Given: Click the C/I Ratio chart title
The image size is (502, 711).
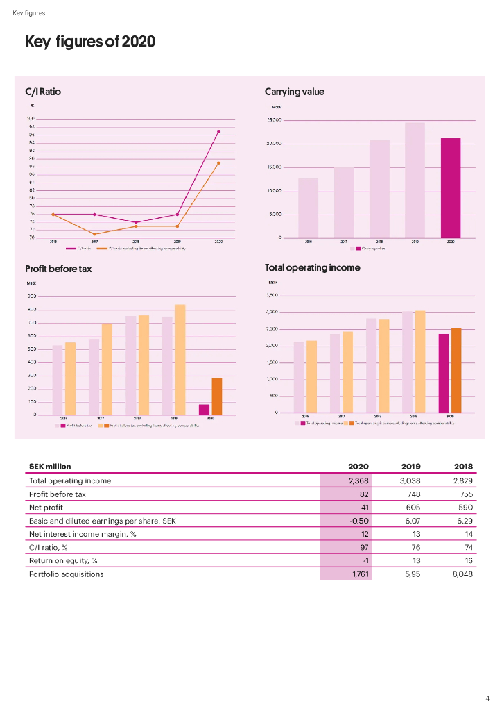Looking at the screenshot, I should [x=42, y=92].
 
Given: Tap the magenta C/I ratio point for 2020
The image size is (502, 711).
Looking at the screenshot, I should [x=218, y=131].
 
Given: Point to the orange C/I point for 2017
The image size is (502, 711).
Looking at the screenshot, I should [x=94, y=234].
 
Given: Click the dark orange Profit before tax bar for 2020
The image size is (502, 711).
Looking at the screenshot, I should [x=216, y=396].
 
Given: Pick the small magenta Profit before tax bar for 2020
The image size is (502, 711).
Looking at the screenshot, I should [x=204, y=410].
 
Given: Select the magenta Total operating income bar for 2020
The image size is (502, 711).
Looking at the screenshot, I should [x=443, y=373].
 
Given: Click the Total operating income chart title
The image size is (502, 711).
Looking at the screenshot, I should [x=312, y=267].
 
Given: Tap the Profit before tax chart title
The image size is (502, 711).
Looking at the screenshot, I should [x=58, y=269].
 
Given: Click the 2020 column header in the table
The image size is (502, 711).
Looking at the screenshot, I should [x=358, y=466].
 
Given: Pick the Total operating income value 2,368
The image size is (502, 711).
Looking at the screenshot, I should [x=358, y=480].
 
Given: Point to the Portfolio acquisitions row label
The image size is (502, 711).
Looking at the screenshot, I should [x=66, y=574].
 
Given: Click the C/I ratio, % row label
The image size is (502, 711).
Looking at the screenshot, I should [x=52, y=548].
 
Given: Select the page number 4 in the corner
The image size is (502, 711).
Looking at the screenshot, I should [x=487, y=698].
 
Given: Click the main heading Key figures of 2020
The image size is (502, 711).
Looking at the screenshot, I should [x=89, y=42].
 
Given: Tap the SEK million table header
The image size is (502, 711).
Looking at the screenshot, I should [x=50, y=466].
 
